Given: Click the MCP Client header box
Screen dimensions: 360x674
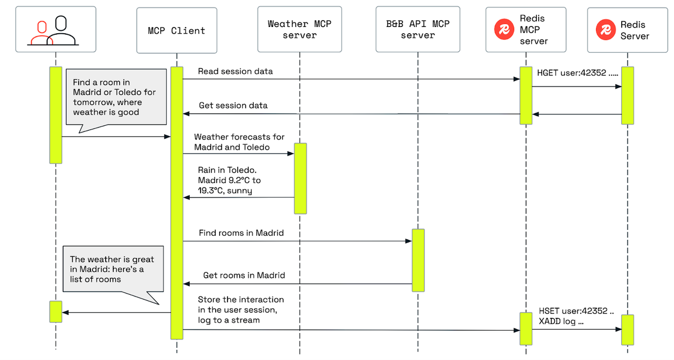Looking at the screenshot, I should click(x=176, y=30).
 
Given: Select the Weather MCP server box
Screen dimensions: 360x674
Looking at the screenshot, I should click(x=299, y=29).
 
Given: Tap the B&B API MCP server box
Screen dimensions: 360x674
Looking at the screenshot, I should click(x=418, y=29).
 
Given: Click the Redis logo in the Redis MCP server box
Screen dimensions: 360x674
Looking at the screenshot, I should click(x=504, y=30).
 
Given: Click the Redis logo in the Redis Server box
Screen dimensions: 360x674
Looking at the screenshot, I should click(x=606, y=30).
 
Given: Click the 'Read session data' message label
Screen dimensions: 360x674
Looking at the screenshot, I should click(x=235, y=71).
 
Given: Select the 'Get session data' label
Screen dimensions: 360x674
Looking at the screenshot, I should click(x=233, y=106).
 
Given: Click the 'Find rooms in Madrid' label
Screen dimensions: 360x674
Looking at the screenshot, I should click(x=241, y=233).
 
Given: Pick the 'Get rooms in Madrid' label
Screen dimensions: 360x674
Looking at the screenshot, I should click(x=244, y=276).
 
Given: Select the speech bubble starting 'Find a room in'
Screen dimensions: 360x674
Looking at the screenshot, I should click(x=117, y=97).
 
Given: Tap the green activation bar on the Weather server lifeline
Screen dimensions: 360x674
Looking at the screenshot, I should click(x=300, y=178).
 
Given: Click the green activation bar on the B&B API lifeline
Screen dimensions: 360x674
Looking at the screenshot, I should click(x=418, y=259).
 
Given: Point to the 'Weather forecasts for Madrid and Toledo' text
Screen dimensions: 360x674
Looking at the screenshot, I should click(x=239, y=142).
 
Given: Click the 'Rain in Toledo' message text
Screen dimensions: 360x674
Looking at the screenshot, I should click(x=229, y=180).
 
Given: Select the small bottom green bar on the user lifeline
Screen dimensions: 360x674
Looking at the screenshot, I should click(x=55, y=311).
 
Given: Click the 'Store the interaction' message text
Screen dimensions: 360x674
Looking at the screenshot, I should click(x=240, y=309).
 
